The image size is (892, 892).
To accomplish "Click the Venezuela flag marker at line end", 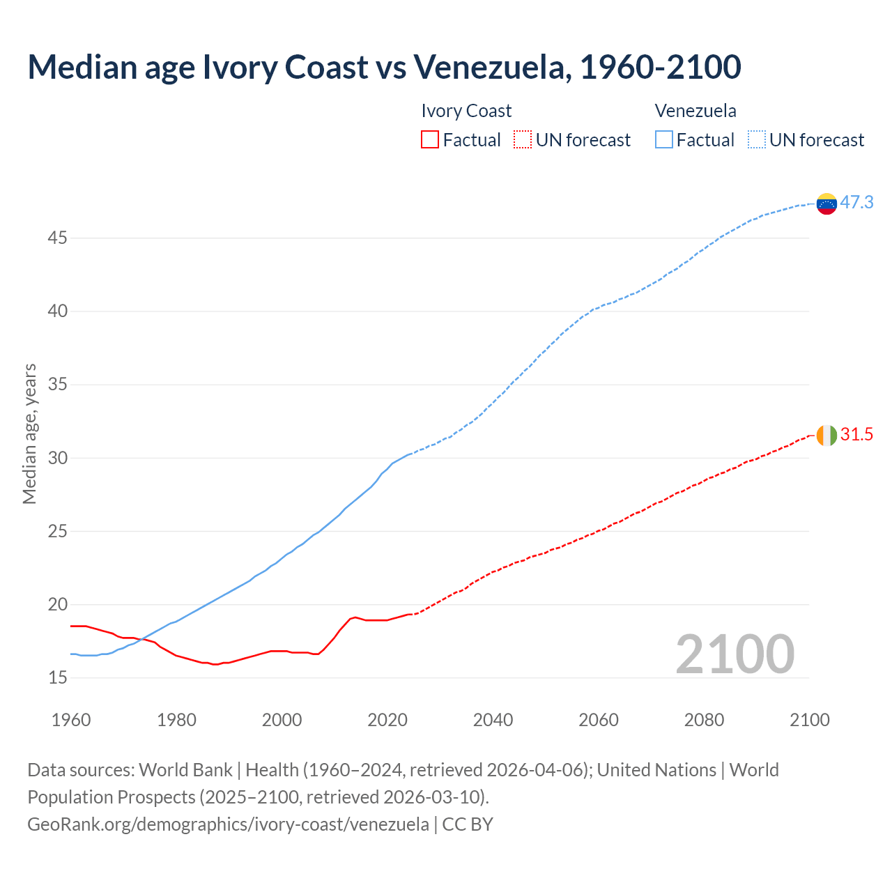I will [826, 203].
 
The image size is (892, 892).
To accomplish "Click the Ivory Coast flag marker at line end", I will [826, 435].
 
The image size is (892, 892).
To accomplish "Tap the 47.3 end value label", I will [856, 202].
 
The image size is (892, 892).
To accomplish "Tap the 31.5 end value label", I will [856, 434].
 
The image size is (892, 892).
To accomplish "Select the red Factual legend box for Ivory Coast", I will [430, 140].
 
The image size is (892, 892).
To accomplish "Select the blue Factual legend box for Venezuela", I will [663, 140].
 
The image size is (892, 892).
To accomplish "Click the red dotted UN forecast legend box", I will [522, 140].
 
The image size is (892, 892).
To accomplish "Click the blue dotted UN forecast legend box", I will [756, 140].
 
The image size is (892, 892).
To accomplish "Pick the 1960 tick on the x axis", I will [71, 719].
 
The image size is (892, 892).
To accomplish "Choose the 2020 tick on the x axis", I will [387, 719].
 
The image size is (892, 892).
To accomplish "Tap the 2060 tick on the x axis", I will [599, 719].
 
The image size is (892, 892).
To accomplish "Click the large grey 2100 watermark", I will [735, 654].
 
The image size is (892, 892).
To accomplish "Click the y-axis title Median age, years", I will [29, 433].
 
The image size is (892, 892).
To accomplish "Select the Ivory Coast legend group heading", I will [466, 111].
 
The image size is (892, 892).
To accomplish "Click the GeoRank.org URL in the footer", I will [228, 824].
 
